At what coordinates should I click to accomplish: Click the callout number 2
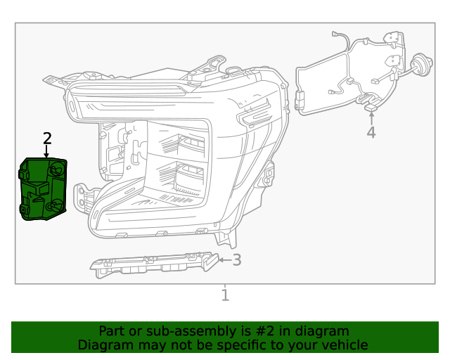47,138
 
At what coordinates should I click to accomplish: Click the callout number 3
237,260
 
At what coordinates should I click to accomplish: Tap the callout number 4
371,132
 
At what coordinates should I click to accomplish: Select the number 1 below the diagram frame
225,295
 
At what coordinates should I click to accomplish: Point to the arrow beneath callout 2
47,150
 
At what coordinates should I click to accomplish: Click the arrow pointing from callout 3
224,260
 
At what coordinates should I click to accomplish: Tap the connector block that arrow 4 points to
371,107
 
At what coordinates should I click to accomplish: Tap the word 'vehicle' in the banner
344,345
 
